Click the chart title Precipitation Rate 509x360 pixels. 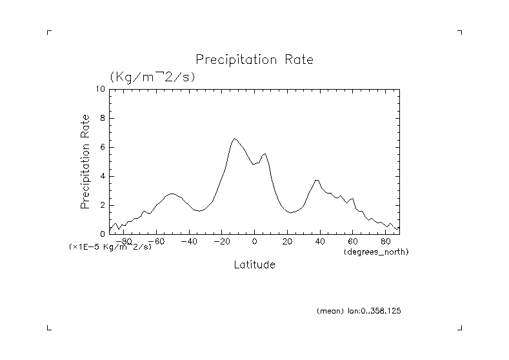click(x=254, y=60)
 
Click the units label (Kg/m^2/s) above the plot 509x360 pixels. click(x=152, y=77)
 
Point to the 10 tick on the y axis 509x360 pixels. click(x=101, y=89)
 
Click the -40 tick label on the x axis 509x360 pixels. click(x=188, y=242)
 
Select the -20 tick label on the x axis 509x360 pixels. click(x=221, y=242)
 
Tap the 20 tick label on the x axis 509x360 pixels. click(x=287, y=242)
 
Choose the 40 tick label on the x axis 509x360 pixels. click(x=320, y=242)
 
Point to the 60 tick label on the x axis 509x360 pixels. click(x=353, y=242)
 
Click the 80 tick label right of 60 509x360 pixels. click(x=386, y=242)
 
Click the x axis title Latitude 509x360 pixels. click(x=254, y=265)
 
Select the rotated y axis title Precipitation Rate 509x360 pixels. click(x=85, y=161)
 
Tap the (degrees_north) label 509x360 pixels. click(x=377, y=251)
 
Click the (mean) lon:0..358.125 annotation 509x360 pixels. click(x=359, y=311)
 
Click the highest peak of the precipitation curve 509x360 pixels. click(x=234, y=138)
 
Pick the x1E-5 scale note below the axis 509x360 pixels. click(x=110, y=247)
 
